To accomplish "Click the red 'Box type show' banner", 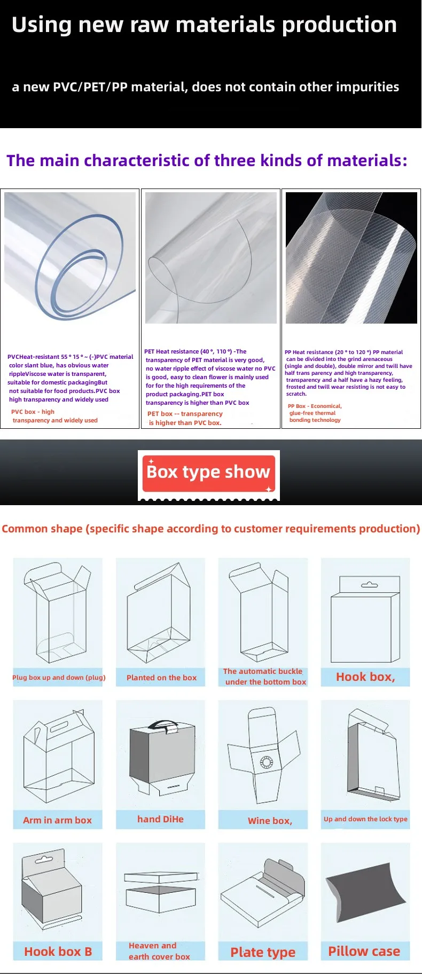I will pyautogui.click(x=208, y=473).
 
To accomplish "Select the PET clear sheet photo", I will pyautogui.click(x=211, y=258).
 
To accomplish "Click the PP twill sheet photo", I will pyautogui.click(x=351, y=258).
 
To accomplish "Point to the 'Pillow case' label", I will pyautogui.click(x=364, y=951).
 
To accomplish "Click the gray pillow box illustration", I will pyautogui.click(x=365, y=892).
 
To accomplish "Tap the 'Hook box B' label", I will pyautogui.click(x=58, y=952).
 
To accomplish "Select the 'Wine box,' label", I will pyautogui.click(x=270, y=821).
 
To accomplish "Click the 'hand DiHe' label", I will pyautogui.click(x=160, y=819).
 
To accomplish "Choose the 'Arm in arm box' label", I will pyautogui.click(x=57, y=820).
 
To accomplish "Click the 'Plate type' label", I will pyautogui.click(x=263, y=952).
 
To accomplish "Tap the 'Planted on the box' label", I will pyautogui.click(x=161, y=678).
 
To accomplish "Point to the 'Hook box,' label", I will pyautogui.click(x=365, y=677).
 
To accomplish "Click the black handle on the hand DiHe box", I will pyautogui.click(x=162, y=725).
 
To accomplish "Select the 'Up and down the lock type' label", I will pyautogui.click(x=365, y=819).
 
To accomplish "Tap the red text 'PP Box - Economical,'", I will pyautogui.click(x=315, y=406).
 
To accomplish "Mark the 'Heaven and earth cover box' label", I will pyautogui.click(x=159, y=951).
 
